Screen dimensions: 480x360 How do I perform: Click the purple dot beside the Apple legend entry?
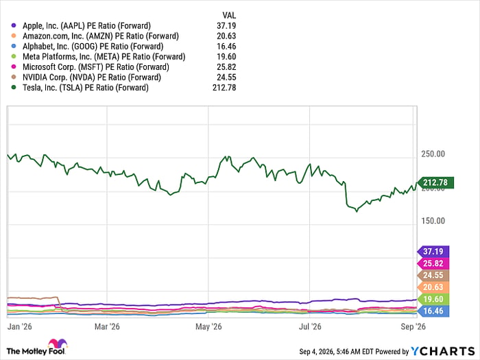(x=14, y=26)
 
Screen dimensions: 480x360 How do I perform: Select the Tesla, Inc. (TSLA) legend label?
(x=86, y=88)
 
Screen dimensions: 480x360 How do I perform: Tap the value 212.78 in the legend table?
(x=224, y=88)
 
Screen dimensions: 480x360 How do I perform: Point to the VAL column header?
(x=229, y=15)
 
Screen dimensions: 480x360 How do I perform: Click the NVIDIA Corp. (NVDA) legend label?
(x=92, y=77)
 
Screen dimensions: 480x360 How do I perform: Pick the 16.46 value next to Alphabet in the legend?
(x=226, y=47)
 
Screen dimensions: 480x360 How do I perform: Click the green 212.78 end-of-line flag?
(x=435, y=183)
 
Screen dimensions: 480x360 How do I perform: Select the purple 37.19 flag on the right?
(x=433, y=252)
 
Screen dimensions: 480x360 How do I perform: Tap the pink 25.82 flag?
(x=433, y=263)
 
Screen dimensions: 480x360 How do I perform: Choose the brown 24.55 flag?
(x=433, y=276)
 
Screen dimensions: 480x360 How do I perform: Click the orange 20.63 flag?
(x=433, y=287)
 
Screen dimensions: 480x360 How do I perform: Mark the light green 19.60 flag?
(x=433, y=299)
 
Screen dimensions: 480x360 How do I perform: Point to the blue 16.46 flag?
(x=433, y=311)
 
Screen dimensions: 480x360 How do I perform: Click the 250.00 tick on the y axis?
(x=433, y=154)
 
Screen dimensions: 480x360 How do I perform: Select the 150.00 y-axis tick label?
(x=433, y=221)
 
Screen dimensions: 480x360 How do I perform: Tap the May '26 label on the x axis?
(x=208, y=326)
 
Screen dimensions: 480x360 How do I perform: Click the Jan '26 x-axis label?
(x=20, y=326)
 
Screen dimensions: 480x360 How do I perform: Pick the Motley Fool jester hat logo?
(x=58, y=344)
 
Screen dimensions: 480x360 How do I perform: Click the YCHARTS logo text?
(x=443, y=351)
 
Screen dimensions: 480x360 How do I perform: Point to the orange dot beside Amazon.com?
(x=14, y=36)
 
